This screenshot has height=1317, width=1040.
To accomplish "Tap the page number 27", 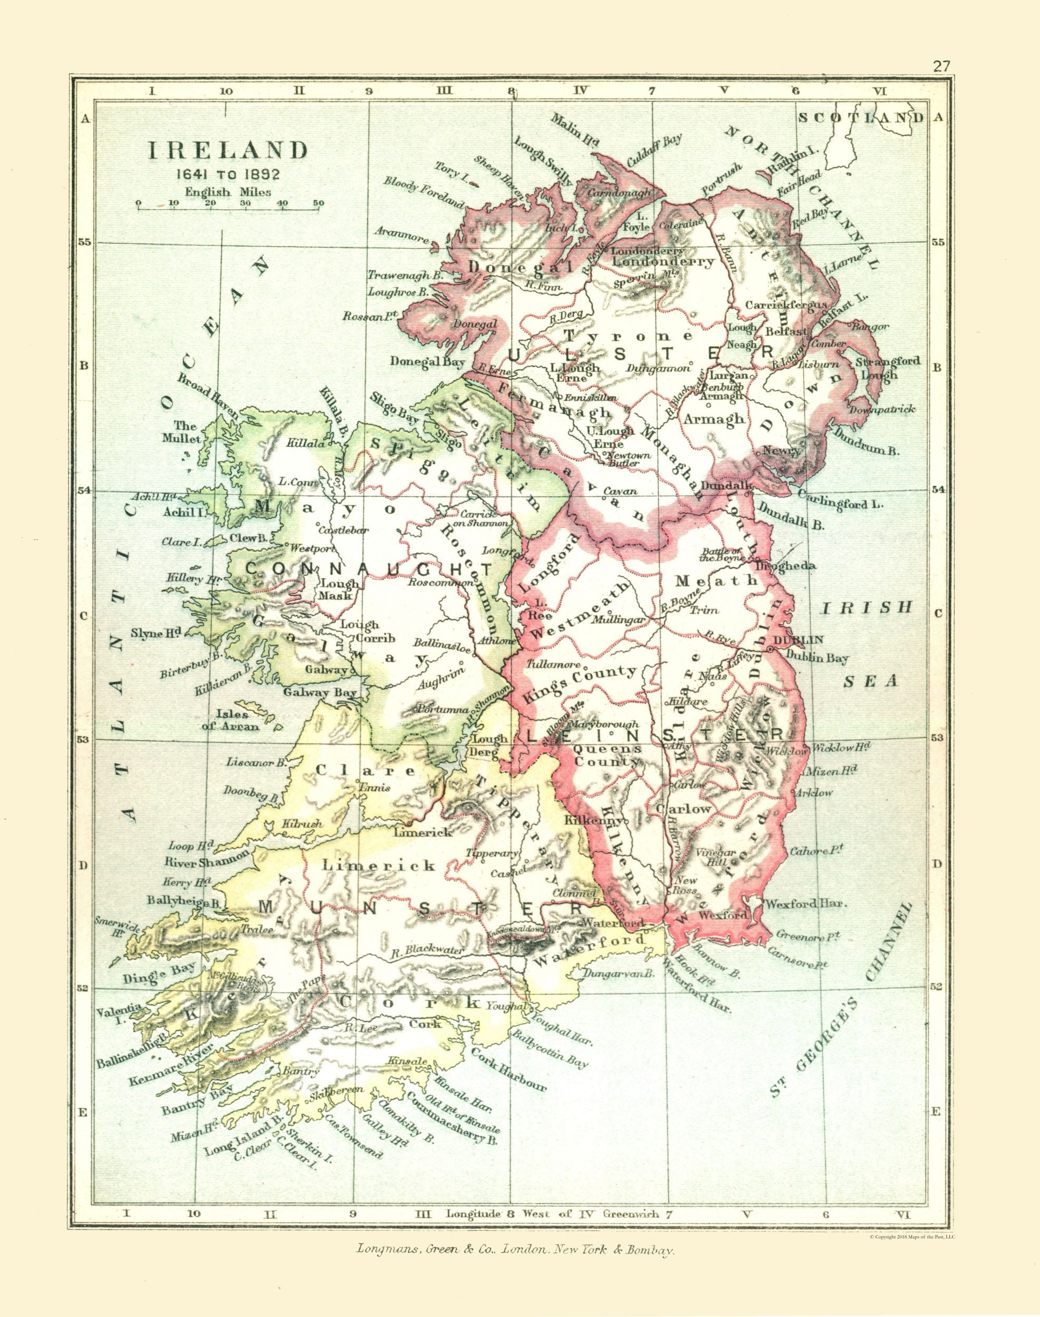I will tap(941, 66).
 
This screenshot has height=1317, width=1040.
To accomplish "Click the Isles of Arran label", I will tap(238, 720).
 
